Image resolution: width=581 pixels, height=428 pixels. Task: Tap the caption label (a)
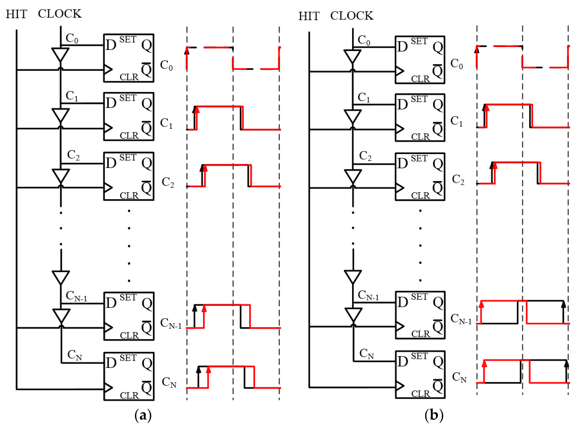(x=143, y=415)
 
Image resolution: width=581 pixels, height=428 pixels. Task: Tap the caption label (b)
(x=434, y=415)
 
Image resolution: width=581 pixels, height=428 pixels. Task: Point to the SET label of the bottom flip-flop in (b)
(x=419, y=356)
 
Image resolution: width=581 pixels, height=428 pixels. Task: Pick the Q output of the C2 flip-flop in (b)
(x=438, y=164)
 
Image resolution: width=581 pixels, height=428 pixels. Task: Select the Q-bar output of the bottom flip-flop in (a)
(x=146, y=388)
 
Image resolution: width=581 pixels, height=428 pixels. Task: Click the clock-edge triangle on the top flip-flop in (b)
(x=399, y=71)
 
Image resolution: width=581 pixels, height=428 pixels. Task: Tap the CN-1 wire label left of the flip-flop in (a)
(x=76, y=296)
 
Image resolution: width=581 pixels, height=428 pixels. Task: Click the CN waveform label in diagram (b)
(x=459, y=377)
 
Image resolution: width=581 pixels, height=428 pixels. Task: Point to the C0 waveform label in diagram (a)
(x=166, y=65)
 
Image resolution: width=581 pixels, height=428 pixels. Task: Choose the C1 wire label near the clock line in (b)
(x=364, y=97)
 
